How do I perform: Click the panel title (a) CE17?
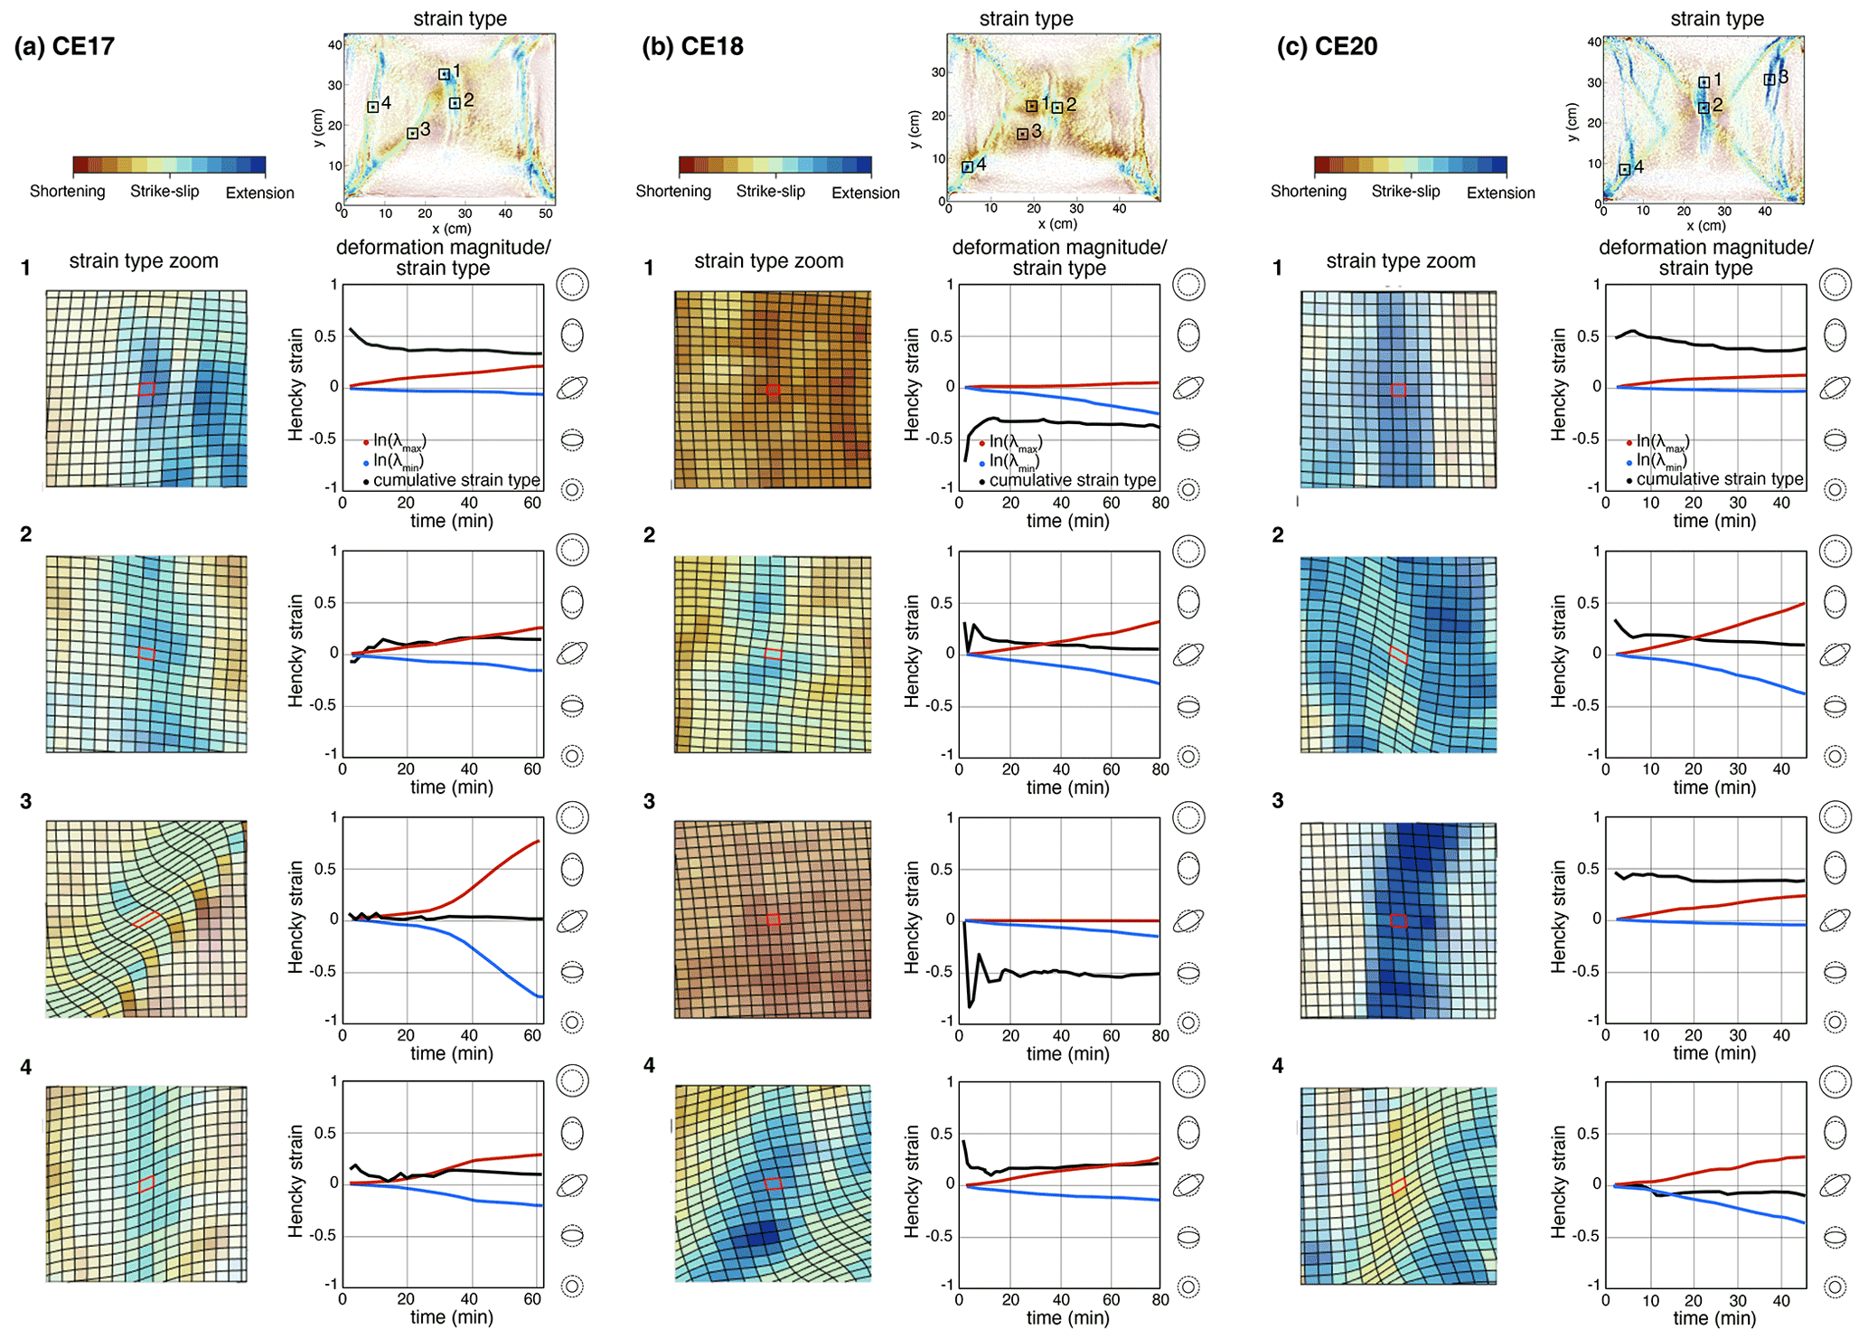coord(64,47)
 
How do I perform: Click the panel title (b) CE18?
coord(692,47)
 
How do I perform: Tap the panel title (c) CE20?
coord(1327,47)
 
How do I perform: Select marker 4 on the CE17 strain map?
coord(372,107)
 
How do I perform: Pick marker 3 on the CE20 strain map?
coord(1769,80)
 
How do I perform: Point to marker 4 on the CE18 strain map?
coord(967,166)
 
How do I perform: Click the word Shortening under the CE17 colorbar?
coord(67,192)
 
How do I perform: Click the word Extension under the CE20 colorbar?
coord(1500,193)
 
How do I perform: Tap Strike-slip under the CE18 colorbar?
coord(770,192)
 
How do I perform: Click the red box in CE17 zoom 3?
coord(145,919)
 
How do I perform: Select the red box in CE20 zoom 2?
coord(1398,655)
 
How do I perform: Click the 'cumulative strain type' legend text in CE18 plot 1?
coord(1072,480)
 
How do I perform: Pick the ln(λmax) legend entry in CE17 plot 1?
coord(398,441)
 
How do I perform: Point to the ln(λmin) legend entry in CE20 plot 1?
coord(1661,460)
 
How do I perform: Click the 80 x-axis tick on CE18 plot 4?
coord(1160,1300)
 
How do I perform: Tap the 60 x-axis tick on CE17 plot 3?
coord(532,1035)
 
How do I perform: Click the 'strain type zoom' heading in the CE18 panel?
coord(768,261)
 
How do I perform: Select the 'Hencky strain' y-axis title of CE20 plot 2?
coord(1558,651)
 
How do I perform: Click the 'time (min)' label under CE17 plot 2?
coord(451,787)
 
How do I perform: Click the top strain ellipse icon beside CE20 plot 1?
coord(1835,285)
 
